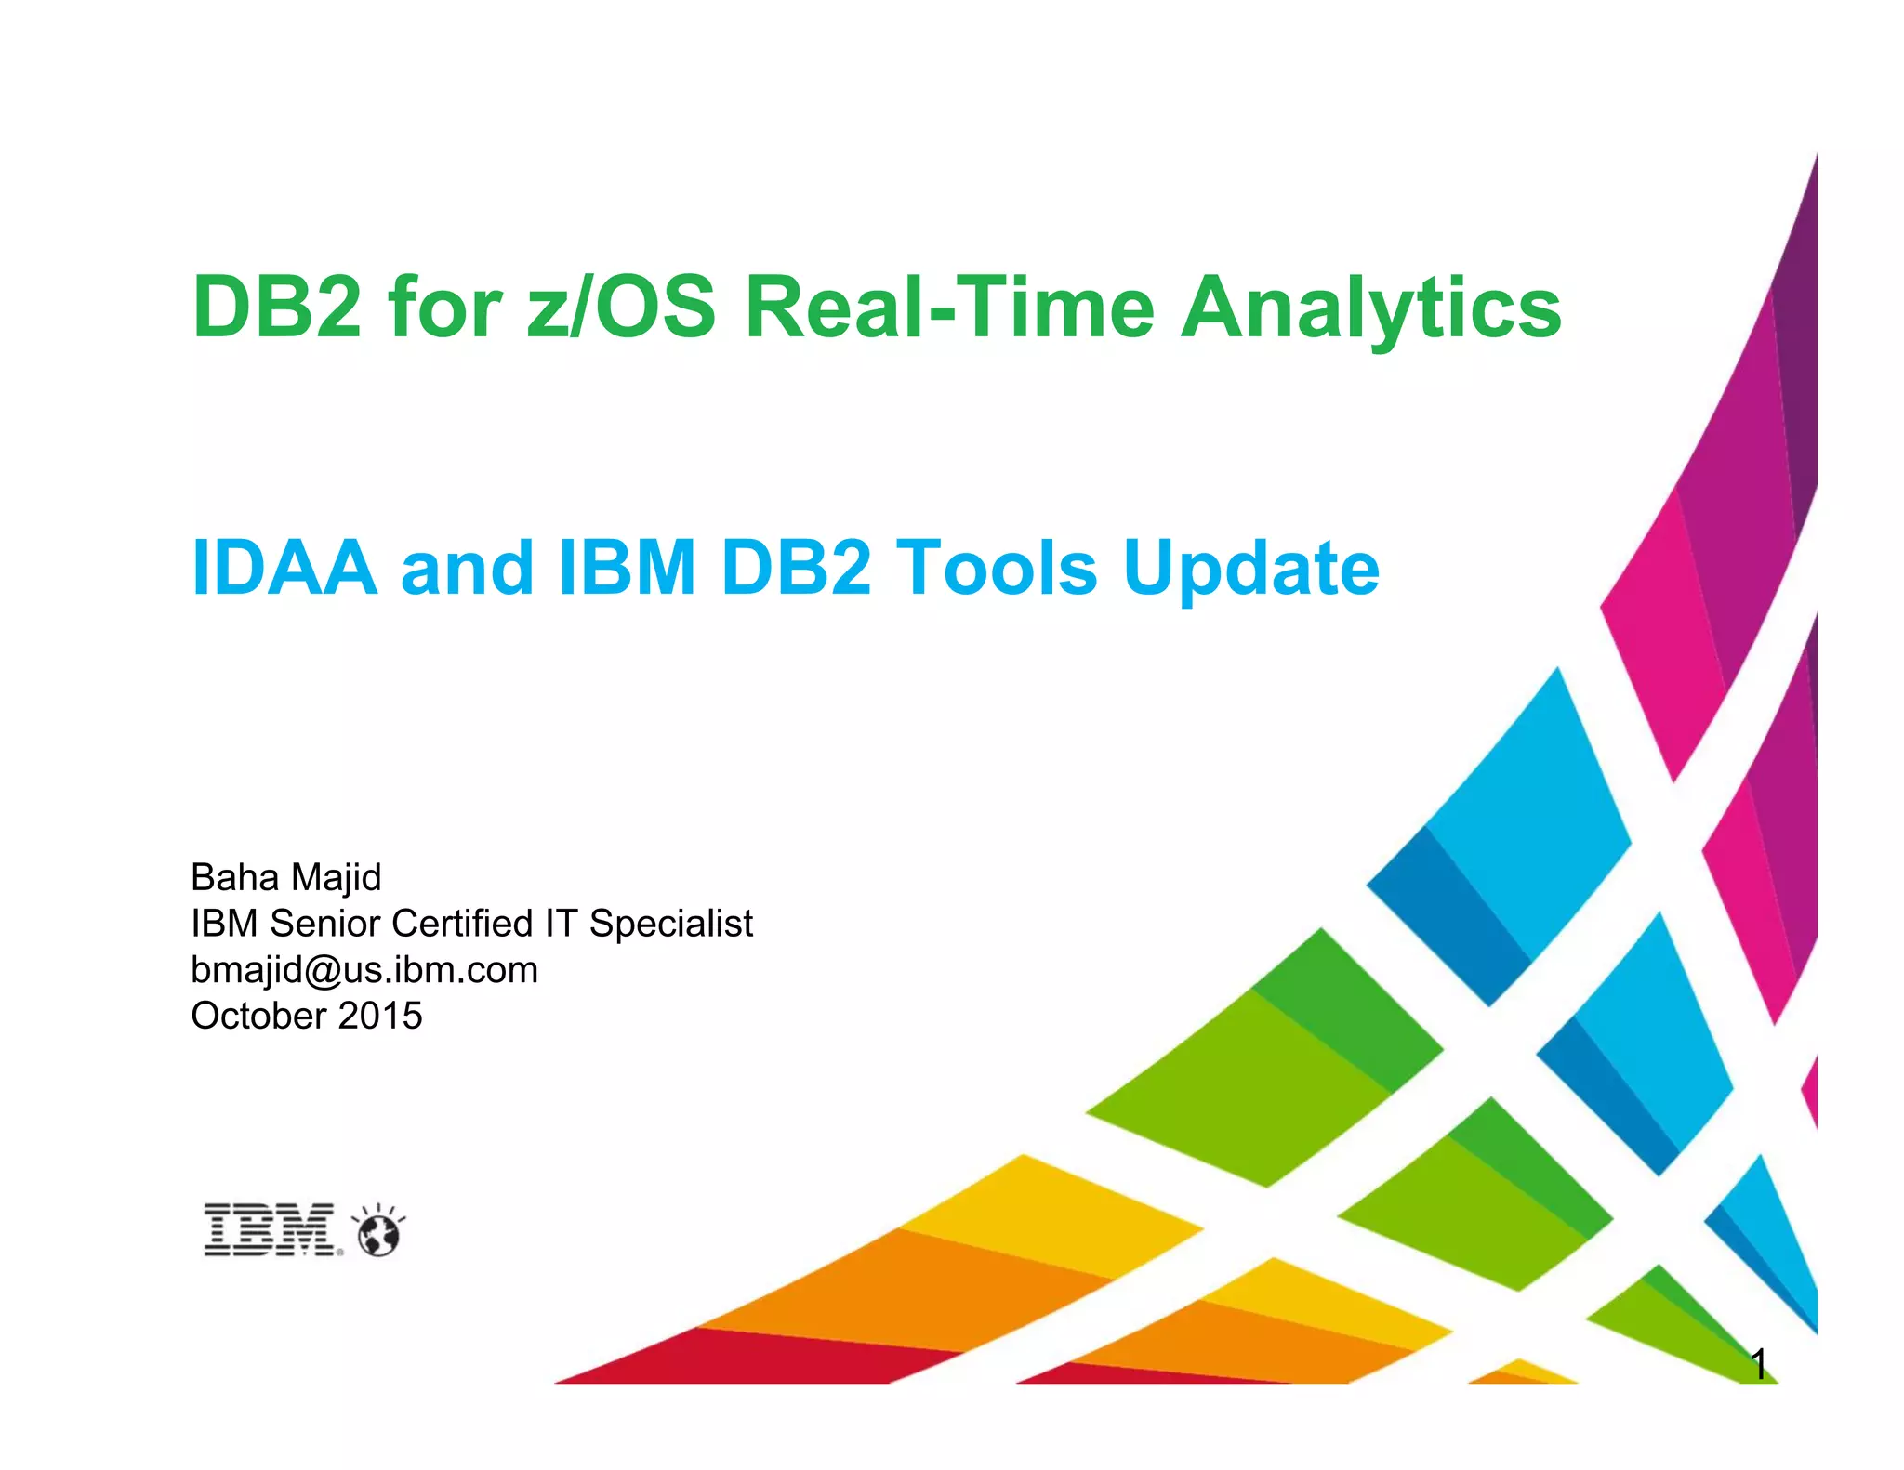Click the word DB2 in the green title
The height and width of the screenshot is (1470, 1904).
276,308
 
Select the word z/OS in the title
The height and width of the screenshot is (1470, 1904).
621,308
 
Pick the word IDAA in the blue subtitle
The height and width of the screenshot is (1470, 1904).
284,568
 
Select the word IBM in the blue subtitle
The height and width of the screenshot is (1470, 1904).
627,568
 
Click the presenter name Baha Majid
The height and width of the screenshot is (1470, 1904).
285,877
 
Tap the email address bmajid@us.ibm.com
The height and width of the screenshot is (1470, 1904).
364,970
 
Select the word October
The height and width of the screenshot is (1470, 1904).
258,1016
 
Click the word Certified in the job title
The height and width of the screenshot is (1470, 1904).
462,924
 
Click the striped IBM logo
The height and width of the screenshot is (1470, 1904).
271,1230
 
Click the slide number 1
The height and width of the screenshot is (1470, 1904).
1758,1364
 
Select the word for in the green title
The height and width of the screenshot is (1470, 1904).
445,308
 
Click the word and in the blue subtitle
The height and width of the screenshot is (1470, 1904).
467,568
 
